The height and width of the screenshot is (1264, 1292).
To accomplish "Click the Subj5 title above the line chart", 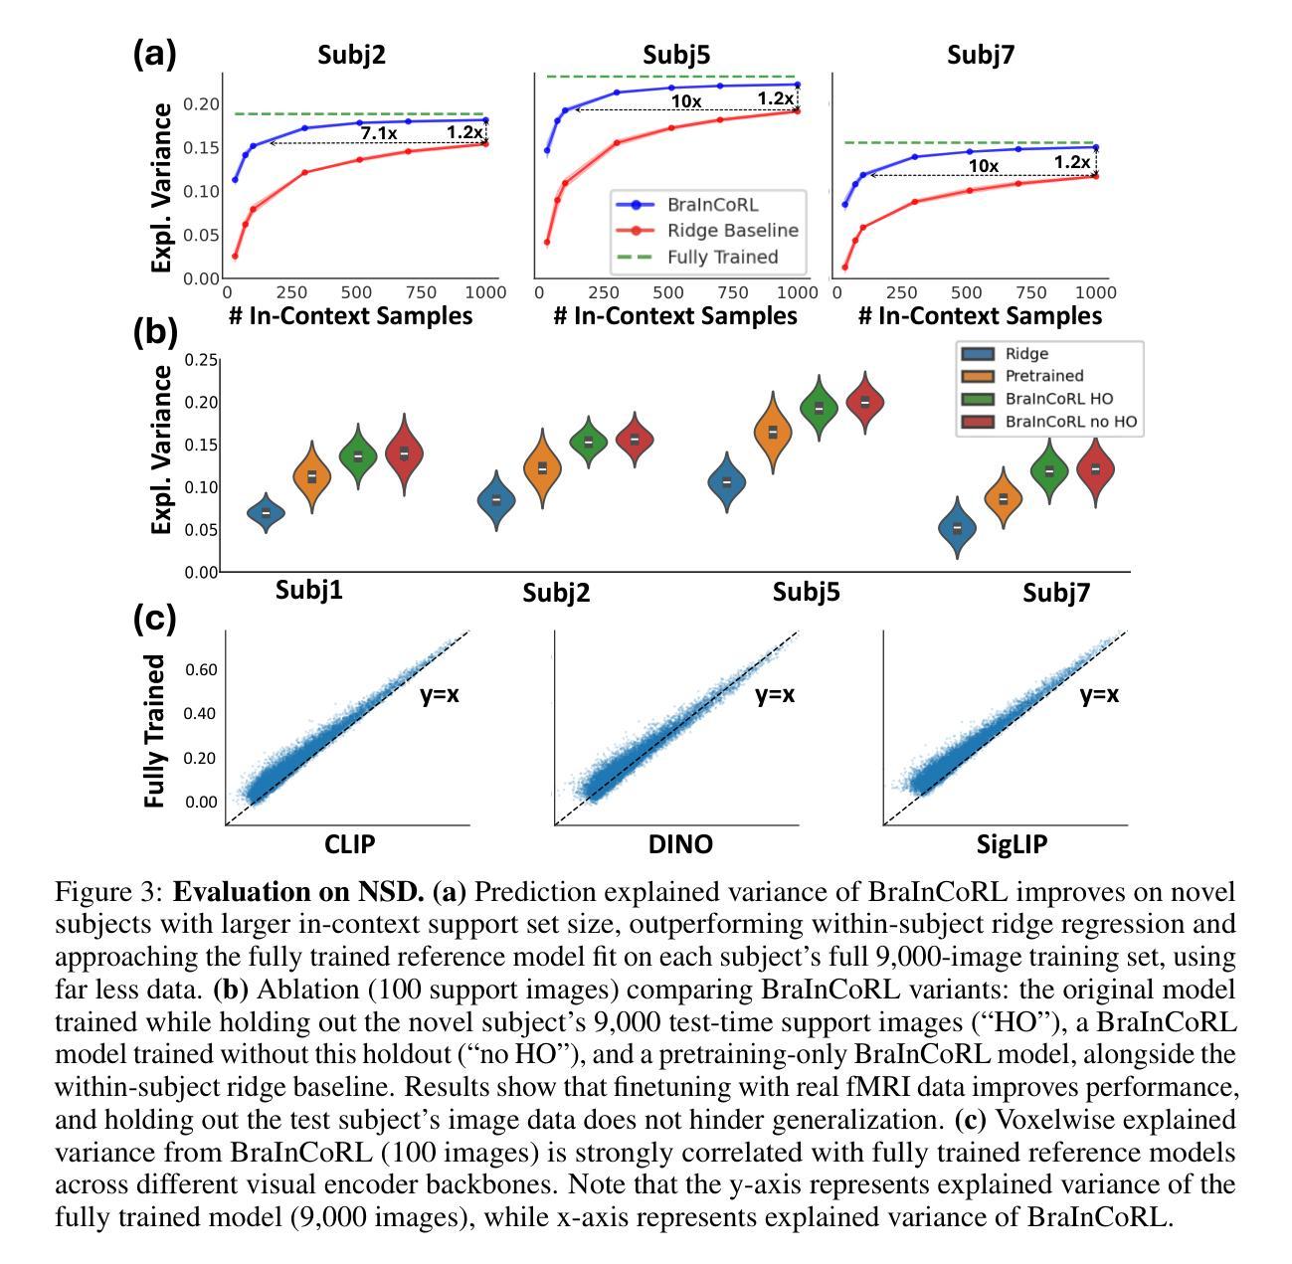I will (x=674, y=55).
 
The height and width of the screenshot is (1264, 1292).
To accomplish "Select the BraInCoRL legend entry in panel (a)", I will (x=712, y=204).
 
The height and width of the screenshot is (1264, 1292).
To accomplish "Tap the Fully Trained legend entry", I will (x=722, y=257).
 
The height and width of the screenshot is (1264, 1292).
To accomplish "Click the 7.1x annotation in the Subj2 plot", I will (x=379, y=133).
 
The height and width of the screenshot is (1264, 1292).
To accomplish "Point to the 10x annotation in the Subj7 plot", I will (x=983, y=166).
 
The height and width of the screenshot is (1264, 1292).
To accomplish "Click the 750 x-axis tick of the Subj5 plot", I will (x=733, y=292).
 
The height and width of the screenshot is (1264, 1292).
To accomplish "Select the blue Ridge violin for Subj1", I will (x=266, y=512).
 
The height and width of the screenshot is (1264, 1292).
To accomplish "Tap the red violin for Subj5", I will (x=865, y=402).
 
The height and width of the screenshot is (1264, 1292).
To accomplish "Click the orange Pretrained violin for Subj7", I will (x=1004, y=498).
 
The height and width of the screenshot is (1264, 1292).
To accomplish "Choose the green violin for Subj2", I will (x=589, y=442).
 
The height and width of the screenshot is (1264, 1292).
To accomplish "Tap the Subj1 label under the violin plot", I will (x=309, y=590).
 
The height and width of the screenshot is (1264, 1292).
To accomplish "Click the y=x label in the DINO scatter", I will (x=775, y=694).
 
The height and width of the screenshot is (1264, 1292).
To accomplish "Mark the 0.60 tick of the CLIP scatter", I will (x=202, y=669).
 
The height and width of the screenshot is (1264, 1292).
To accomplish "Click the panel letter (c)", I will (x=154, y=619).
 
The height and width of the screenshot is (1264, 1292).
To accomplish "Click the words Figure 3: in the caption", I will (x=109, y=891).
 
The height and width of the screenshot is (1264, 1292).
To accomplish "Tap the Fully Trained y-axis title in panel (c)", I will (x=154, y=731).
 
